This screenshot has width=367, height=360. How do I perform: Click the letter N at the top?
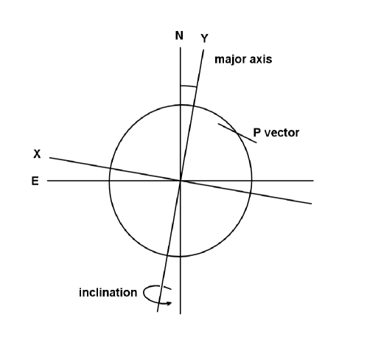(179, 35)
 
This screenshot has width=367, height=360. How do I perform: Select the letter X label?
(36, 155)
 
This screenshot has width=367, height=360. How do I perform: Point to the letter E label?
(35, 180)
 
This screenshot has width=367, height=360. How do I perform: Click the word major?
(228, 59)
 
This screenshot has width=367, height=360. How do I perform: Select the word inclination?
(108, 293)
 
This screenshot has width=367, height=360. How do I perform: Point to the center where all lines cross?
(181, 180)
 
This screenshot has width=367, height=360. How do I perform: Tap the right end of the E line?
(313, 180)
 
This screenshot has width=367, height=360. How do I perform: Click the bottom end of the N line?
(181, 314)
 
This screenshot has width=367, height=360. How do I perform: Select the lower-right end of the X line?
(311, 203)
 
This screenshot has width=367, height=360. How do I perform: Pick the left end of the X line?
(49, 157)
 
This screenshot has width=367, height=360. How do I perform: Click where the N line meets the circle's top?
(181, 105)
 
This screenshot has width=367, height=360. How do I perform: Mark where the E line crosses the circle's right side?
(251, 180)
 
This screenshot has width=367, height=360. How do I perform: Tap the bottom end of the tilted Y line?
(158, 312)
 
